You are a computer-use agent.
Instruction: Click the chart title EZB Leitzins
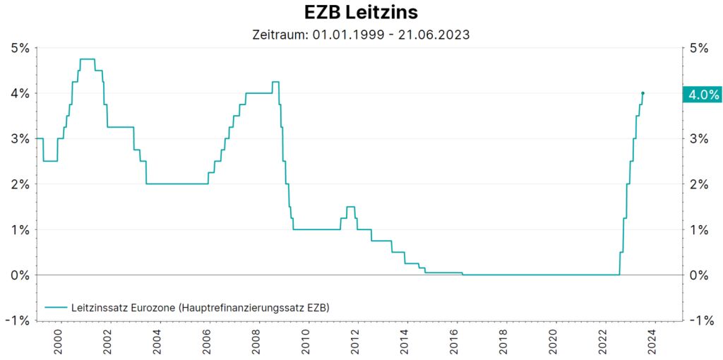pos(361,13)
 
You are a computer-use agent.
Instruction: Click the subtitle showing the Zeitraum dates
pos(361,34)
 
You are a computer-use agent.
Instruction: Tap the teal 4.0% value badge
pos(701,94)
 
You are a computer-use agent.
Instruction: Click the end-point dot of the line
pos(643,93)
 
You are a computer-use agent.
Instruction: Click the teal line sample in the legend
pos(55,308)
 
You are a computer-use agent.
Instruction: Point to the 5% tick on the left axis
pos(20,48)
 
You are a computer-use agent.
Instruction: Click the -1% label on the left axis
pos(18,320)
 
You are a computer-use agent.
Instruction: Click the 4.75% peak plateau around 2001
pos(88,59)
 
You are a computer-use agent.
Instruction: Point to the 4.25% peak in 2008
pos(275,82)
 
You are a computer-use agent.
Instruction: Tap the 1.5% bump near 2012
pos(350,207)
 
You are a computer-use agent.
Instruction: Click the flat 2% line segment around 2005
pos(177,184)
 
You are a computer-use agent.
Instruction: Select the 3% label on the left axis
pos(20,139)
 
